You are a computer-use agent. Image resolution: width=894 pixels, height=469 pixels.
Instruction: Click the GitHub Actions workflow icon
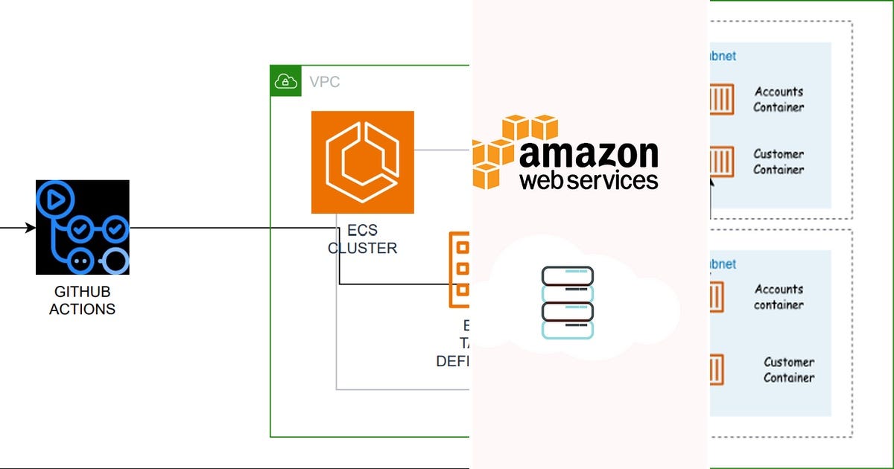point(82,227)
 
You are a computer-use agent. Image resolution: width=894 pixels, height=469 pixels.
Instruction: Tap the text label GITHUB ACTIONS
point(82,301)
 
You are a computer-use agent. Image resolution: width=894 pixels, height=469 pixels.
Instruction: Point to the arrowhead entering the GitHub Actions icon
point(31,227)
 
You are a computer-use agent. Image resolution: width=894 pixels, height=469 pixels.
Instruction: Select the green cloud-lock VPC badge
point(285,81)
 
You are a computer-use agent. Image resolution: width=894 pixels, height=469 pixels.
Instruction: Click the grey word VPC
point(324,82)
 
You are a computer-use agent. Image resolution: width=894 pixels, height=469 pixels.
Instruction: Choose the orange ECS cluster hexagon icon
point(362,162)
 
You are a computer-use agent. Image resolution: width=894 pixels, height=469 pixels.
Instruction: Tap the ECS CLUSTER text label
point(362,240)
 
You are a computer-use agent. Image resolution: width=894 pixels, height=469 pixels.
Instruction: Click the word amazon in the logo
point(589,154)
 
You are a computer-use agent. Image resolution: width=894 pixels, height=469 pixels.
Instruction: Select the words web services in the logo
point(589,180)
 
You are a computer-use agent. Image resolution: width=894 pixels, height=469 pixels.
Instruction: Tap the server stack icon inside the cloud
point(567,302)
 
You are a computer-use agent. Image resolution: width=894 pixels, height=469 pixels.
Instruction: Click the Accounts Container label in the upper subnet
point(779,99)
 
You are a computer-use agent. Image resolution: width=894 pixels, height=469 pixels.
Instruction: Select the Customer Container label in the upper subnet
point(779,162)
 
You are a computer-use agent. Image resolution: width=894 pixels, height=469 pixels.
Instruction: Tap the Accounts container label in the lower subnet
point(779,296)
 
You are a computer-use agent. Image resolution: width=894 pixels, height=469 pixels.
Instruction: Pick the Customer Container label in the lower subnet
point(788,369)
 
